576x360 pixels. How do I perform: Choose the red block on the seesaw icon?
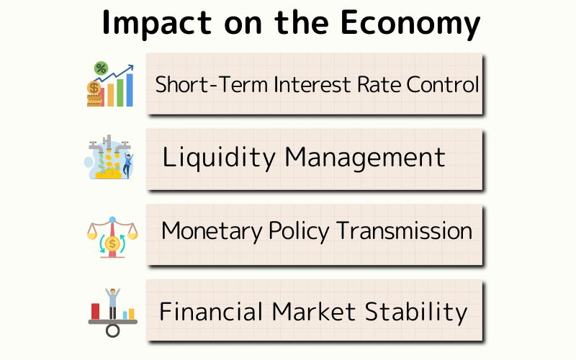click(95, 311)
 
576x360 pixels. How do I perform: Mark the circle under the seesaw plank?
click(112, 330)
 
